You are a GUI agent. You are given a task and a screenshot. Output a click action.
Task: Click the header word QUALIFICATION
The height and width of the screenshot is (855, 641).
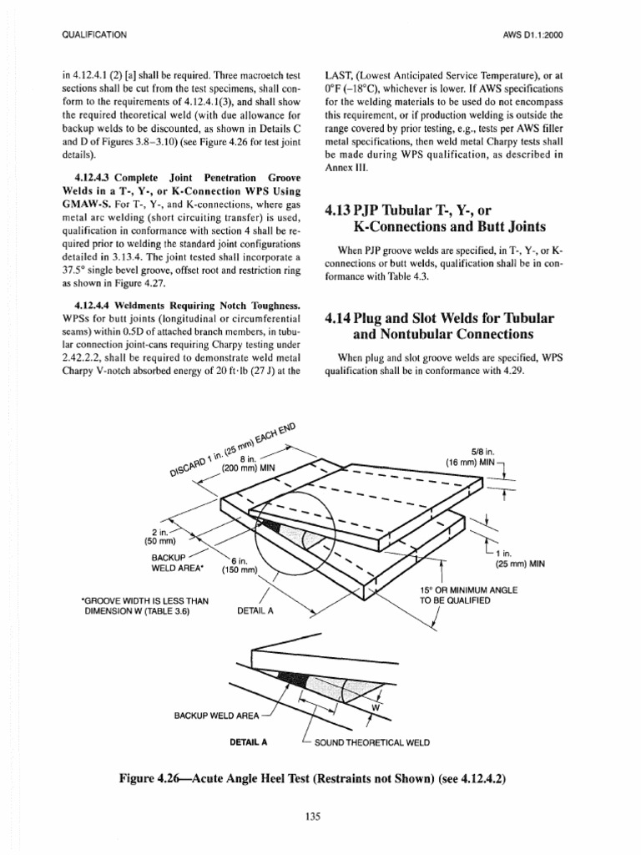pyautogui.click(x=94, y=34)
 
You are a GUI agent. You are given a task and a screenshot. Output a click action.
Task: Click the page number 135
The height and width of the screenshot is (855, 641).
pyautogui.click(x=320, y=816)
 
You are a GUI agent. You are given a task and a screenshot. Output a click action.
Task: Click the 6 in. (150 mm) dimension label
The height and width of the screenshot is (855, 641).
pyautogui.click(x=240, y=566)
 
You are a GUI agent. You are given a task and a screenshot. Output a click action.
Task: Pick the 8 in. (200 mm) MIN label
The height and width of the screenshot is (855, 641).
pyautogui.click(x=248, y=464)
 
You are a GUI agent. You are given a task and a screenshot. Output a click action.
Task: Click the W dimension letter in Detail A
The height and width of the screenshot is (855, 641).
pyautogui.click(x=375, y=707)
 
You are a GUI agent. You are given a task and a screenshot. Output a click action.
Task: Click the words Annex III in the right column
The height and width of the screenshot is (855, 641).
pyautogui.click(x=341, y=167)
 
